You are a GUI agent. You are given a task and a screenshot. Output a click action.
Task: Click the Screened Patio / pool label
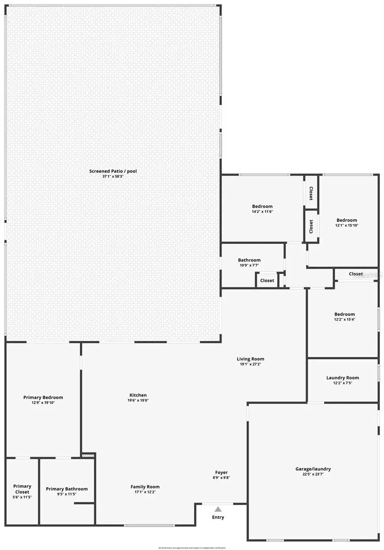[x=113, y=171]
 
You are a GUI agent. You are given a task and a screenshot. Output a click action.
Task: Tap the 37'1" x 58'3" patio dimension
[x=113, y=176]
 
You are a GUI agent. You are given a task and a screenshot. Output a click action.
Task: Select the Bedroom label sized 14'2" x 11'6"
[x=262, y=206]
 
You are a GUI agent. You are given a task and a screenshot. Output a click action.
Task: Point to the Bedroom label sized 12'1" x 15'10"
[x=346, y=220]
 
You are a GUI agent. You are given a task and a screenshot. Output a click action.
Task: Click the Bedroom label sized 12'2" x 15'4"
[x=344, y=314]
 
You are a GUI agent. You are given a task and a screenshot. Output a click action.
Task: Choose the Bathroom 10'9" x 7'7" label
[x=249, y=260]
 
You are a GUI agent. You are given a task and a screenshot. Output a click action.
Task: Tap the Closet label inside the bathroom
[x=267, y=280]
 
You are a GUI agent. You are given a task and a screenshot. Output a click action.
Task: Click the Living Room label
[x=250, y=359]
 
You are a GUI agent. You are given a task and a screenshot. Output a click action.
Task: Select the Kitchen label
[x=138, y=395]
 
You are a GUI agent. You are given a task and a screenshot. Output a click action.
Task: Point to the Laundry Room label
[x=342, y=378]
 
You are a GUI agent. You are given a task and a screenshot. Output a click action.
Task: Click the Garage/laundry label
[x=313, y=469]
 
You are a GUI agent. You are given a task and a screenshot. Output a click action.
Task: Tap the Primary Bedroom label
[x=43, y=397]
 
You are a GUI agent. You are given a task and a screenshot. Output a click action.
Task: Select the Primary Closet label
[x=22, y=489]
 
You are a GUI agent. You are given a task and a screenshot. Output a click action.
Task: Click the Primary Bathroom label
[x=67, y=489]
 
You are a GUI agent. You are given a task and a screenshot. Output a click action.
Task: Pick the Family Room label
[x=145, y=487]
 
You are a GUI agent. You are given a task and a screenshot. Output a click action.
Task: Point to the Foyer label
[x=222, y=473]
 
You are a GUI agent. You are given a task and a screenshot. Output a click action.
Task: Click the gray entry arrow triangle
[x=218, y=509]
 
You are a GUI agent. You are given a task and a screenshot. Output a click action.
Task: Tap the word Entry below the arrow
[x=218, y=517]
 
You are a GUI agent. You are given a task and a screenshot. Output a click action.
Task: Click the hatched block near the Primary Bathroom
[x=88, y=456]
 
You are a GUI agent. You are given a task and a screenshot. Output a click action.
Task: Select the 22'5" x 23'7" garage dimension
[x=313, y=474]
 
